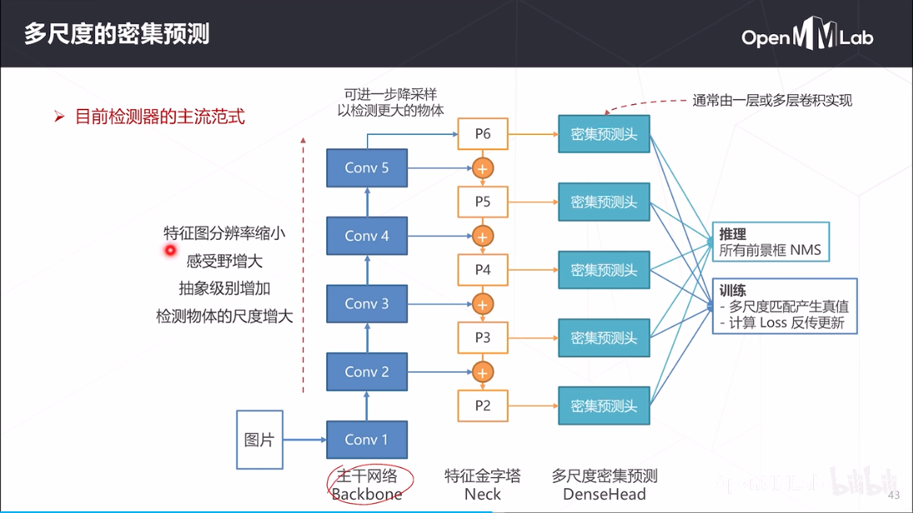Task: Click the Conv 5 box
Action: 366,168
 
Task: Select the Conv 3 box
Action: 366,304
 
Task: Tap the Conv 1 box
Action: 366,440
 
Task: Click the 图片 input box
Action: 260,440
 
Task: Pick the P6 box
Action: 483,134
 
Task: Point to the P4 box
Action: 483,270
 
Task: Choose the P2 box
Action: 483,406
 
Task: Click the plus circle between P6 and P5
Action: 483,168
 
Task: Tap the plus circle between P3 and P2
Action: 483,371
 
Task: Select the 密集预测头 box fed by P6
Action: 603,134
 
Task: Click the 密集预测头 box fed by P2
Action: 603,406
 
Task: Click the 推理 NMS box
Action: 771,242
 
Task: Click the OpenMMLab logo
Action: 806,37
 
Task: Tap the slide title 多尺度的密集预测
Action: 117,34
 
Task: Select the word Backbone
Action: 366,494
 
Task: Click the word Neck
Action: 483,494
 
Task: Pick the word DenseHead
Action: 604,494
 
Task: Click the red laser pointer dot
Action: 171,250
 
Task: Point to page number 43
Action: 895,496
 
